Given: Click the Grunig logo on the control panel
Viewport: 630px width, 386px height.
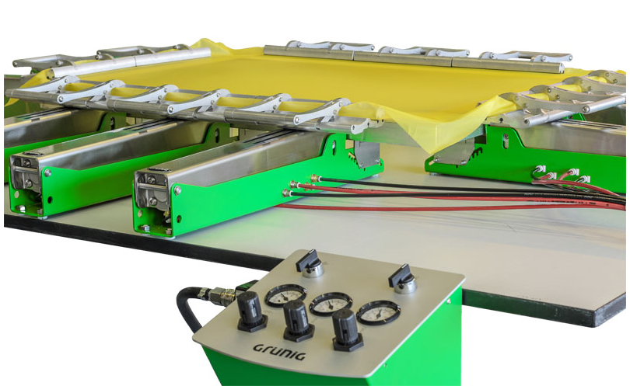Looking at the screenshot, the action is point(279,351).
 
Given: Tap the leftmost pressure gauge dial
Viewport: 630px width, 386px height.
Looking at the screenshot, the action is point(285,296).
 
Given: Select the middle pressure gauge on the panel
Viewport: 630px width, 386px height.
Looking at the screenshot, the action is point(331,304).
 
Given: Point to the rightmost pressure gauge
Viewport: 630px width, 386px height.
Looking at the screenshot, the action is point(378,312).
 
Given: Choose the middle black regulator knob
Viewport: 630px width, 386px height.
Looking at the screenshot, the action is point(298,321).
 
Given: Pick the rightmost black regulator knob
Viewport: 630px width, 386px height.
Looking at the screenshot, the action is point(347,330).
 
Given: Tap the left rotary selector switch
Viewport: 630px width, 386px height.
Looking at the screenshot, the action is point(310,263).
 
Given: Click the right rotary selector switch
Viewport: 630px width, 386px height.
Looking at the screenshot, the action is point(403,279).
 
